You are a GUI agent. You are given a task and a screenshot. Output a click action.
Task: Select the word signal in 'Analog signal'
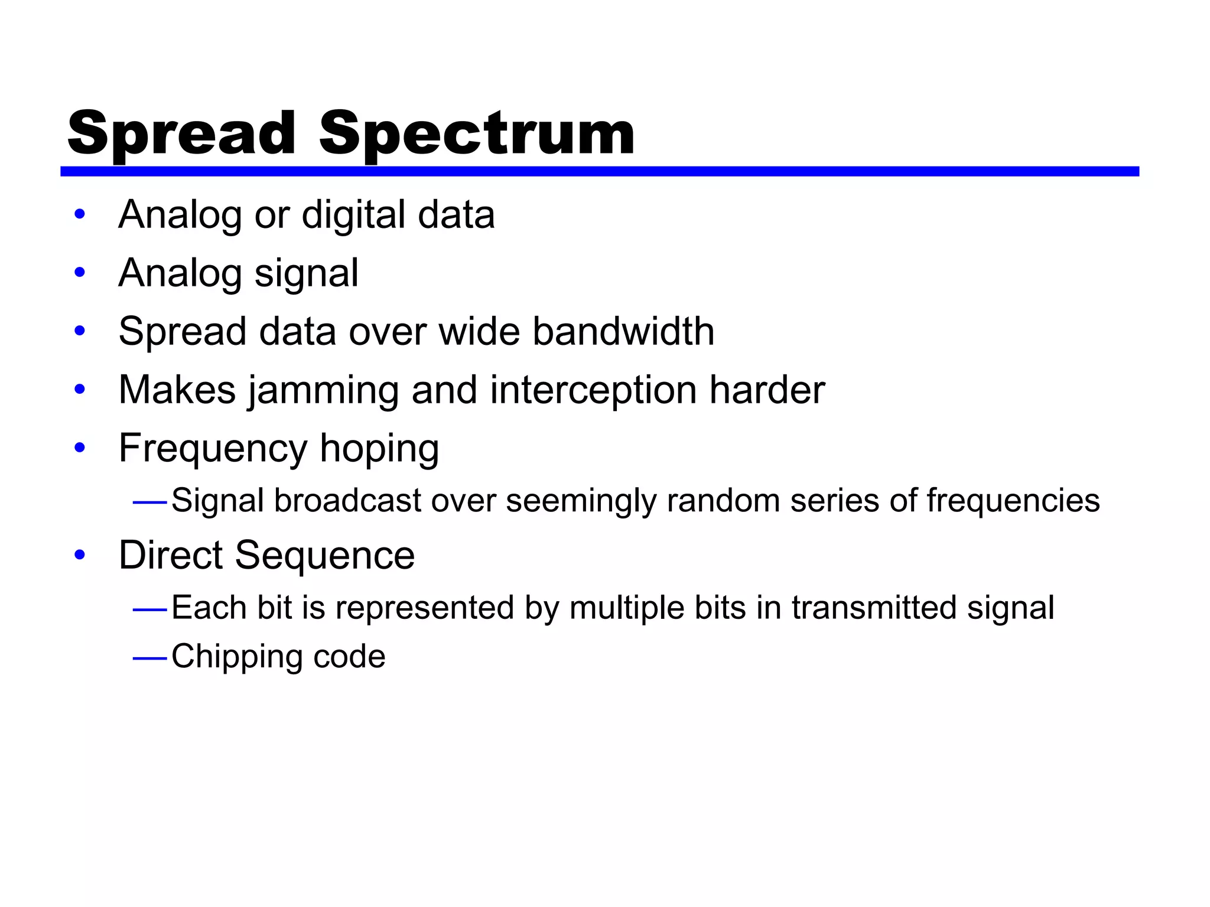[x=306, y=274]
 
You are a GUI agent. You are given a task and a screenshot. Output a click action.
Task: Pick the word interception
[x=593, y=391]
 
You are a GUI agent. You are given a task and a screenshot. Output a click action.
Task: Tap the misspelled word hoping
[x=379, y=449]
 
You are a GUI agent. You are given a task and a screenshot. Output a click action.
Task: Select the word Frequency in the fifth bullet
[x=213, y=449]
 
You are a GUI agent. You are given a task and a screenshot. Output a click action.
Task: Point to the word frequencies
[x=1013, y=501]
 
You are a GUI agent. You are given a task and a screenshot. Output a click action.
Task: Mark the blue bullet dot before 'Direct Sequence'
[x=80, y=555]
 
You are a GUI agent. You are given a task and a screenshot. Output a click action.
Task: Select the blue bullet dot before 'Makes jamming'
[x=80, y=390]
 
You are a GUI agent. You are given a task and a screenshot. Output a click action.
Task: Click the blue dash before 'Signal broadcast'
[x=150, y=503]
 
